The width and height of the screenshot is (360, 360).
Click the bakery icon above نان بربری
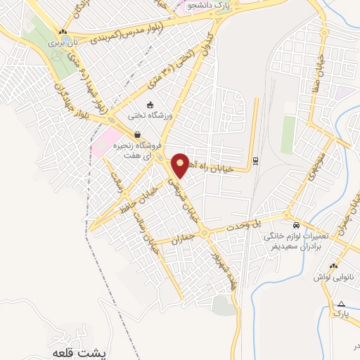coord(63,32)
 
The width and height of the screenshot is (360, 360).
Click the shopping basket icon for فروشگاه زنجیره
coord(136,135)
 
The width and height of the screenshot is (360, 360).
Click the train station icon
coord(255,160)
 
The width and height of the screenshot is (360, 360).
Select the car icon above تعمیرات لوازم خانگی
coord(298,225)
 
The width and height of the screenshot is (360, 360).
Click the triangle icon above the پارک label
coord(341,303)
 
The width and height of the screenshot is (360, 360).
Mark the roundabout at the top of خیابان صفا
coord(325,34)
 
